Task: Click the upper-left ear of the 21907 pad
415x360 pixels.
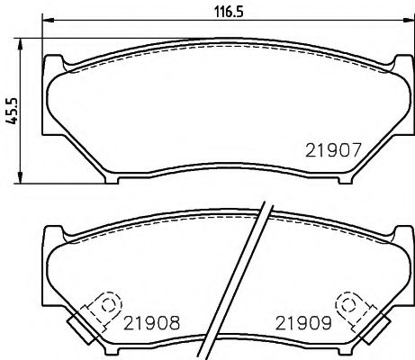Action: click(54, 60)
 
